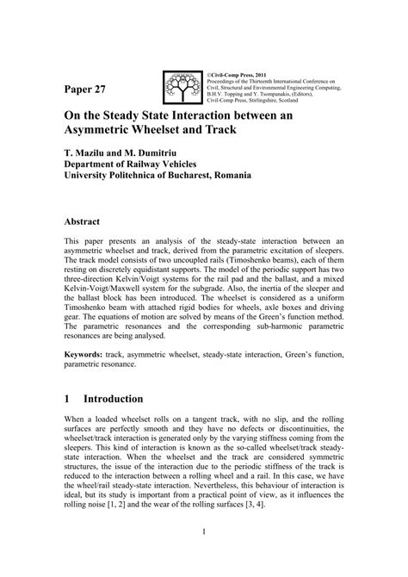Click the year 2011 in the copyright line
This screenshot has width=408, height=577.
[x=263, y=68]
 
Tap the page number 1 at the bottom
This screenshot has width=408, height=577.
[x=205, y=555]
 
